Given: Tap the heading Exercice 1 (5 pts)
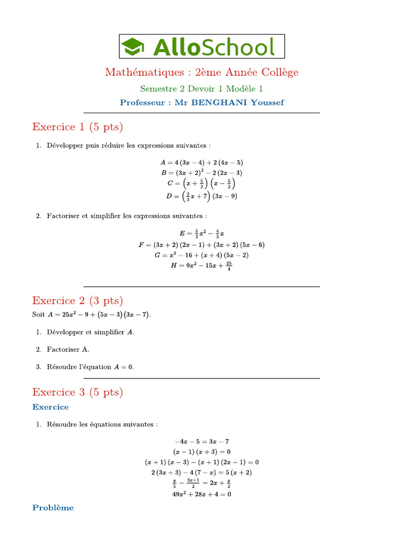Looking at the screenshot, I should point(77,127).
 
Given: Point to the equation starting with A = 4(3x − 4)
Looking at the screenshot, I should point(201,163).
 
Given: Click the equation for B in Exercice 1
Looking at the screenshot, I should point(201,173).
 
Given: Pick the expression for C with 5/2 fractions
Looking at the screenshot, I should point(201,184).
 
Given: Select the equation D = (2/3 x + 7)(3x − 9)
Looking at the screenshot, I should point(201,196).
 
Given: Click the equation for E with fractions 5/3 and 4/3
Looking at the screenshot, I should point(202,233).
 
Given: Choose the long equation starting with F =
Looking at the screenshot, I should point(201,245).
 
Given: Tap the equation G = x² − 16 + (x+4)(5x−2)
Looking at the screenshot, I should point(201,255).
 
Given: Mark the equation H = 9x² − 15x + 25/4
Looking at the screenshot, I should point(201,266).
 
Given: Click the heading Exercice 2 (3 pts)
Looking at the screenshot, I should point(77,301).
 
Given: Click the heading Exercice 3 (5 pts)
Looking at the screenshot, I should point(77,392).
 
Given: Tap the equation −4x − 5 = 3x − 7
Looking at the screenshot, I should point(201,442).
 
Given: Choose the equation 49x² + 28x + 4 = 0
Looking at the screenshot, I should point(201,494).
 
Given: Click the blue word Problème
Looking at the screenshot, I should point(53,508).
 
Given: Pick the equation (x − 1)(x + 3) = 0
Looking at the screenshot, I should point(201,452).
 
